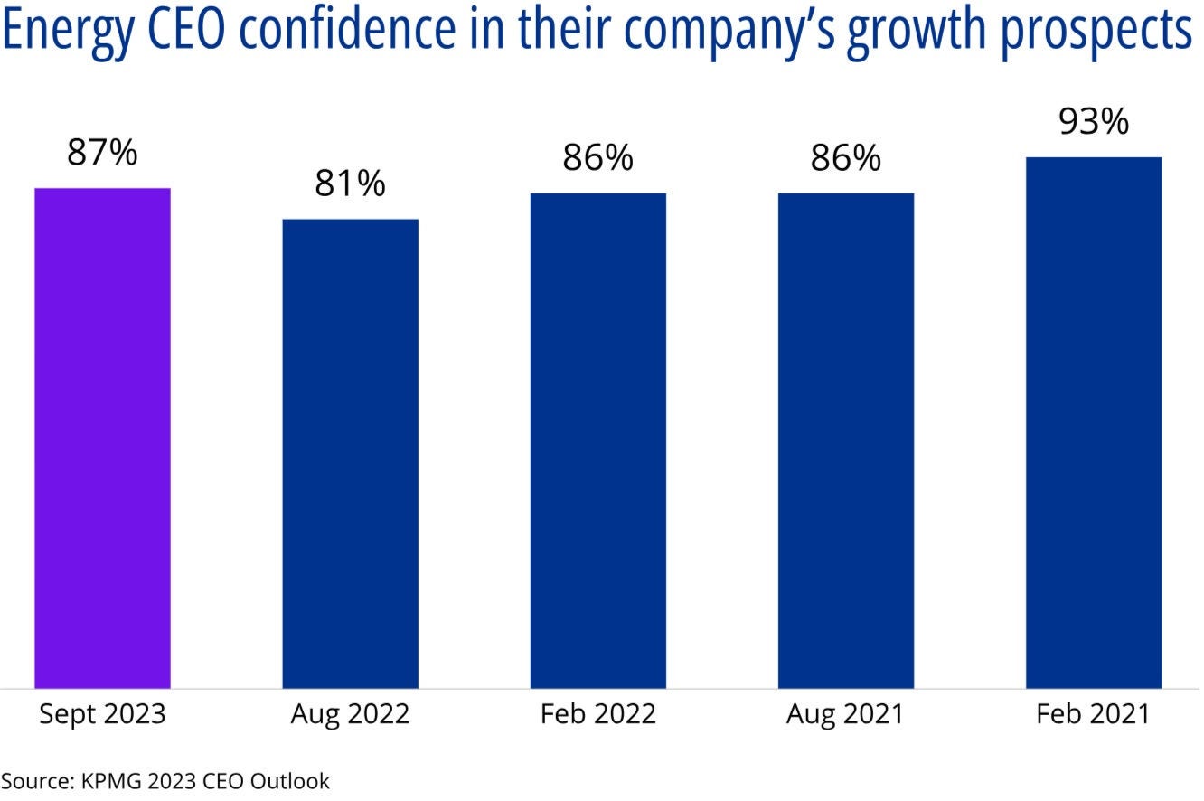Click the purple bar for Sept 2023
(x=102, y=438)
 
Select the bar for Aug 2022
(x=350, y=453)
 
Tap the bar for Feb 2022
(x=597, y=440)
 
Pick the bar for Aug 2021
(x=845, y=440)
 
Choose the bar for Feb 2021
(x=1093, y=422)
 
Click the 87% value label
(x=102, y=153)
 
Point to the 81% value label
(x=350, y=184)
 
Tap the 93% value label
(x=1093, y=121)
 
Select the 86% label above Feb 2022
(x=597, y=158)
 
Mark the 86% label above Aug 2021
(x=845, y=158)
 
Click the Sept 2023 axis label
(x=102, y=714)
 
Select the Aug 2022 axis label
(x=350, y=714)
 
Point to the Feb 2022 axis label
(x=597, y=714)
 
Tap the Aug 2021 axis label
(x=845, y=714)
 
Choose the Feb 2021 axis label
(x=1093, y=714)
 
